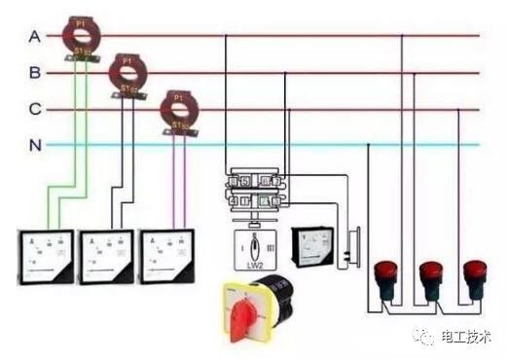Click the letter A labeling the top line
click(x=35, y=36)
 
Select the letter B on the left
click(x=35, y=73)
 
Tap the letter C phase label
click(x=35, y=109)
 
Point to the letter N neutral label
click(x=35, y=145)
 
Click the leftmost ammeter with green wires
click(x=47, y=256)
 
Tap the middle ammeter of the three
click(x=106, y=256)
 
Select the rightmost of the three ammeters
click(x=165, y=255)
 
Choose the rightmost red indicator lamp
click(x=475, y=275)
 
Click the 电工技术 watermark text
click(x=465, y=336)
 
